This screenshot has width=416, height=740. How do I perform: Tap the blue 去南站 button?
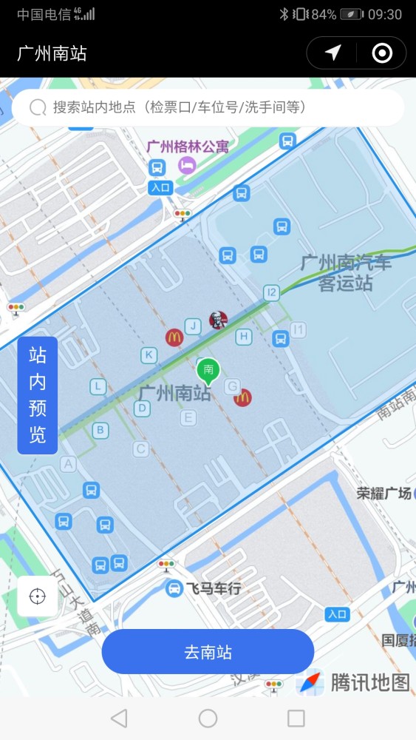pos(208,652)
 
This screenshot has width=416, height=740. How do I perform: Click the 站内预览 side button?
pos(38,395)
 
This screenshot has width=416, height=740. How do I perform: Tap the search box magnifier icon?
pos(38,108)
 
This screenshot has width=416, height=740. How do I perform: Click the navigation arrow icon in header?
pos(333,53)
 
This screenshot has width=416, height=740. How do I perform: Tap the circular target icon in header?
pos(382,53)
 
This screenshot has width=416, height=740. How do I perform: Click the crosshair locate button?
pos(38,596)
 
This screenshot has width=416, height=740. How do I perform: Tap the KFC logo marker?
pos(217,320)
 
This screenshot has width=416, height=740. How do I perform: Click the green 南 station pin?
pos(208,369)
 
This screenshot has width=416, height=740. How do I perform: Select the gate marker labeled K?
pos(149,356)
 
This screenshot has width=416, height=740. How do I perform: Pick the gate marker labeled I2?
pos(272,293)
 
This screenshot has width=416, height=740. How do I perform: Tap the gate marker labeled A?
pos(69,464)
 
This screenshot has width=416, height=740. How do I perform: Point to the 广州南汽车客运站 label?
pos(346,273)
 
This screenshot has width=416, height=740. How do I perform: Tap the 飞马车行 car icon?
pos(174,589)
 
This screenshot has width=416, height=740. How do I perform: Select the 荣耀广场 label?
pos(383,493)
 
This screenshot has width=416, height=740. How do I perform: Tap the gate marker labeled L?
pos(98,386)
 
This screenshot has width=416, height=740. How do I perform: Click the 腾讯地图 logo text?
pos(369,682)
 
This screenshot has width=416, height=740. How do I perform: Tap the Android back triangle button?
pos(118,718)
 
